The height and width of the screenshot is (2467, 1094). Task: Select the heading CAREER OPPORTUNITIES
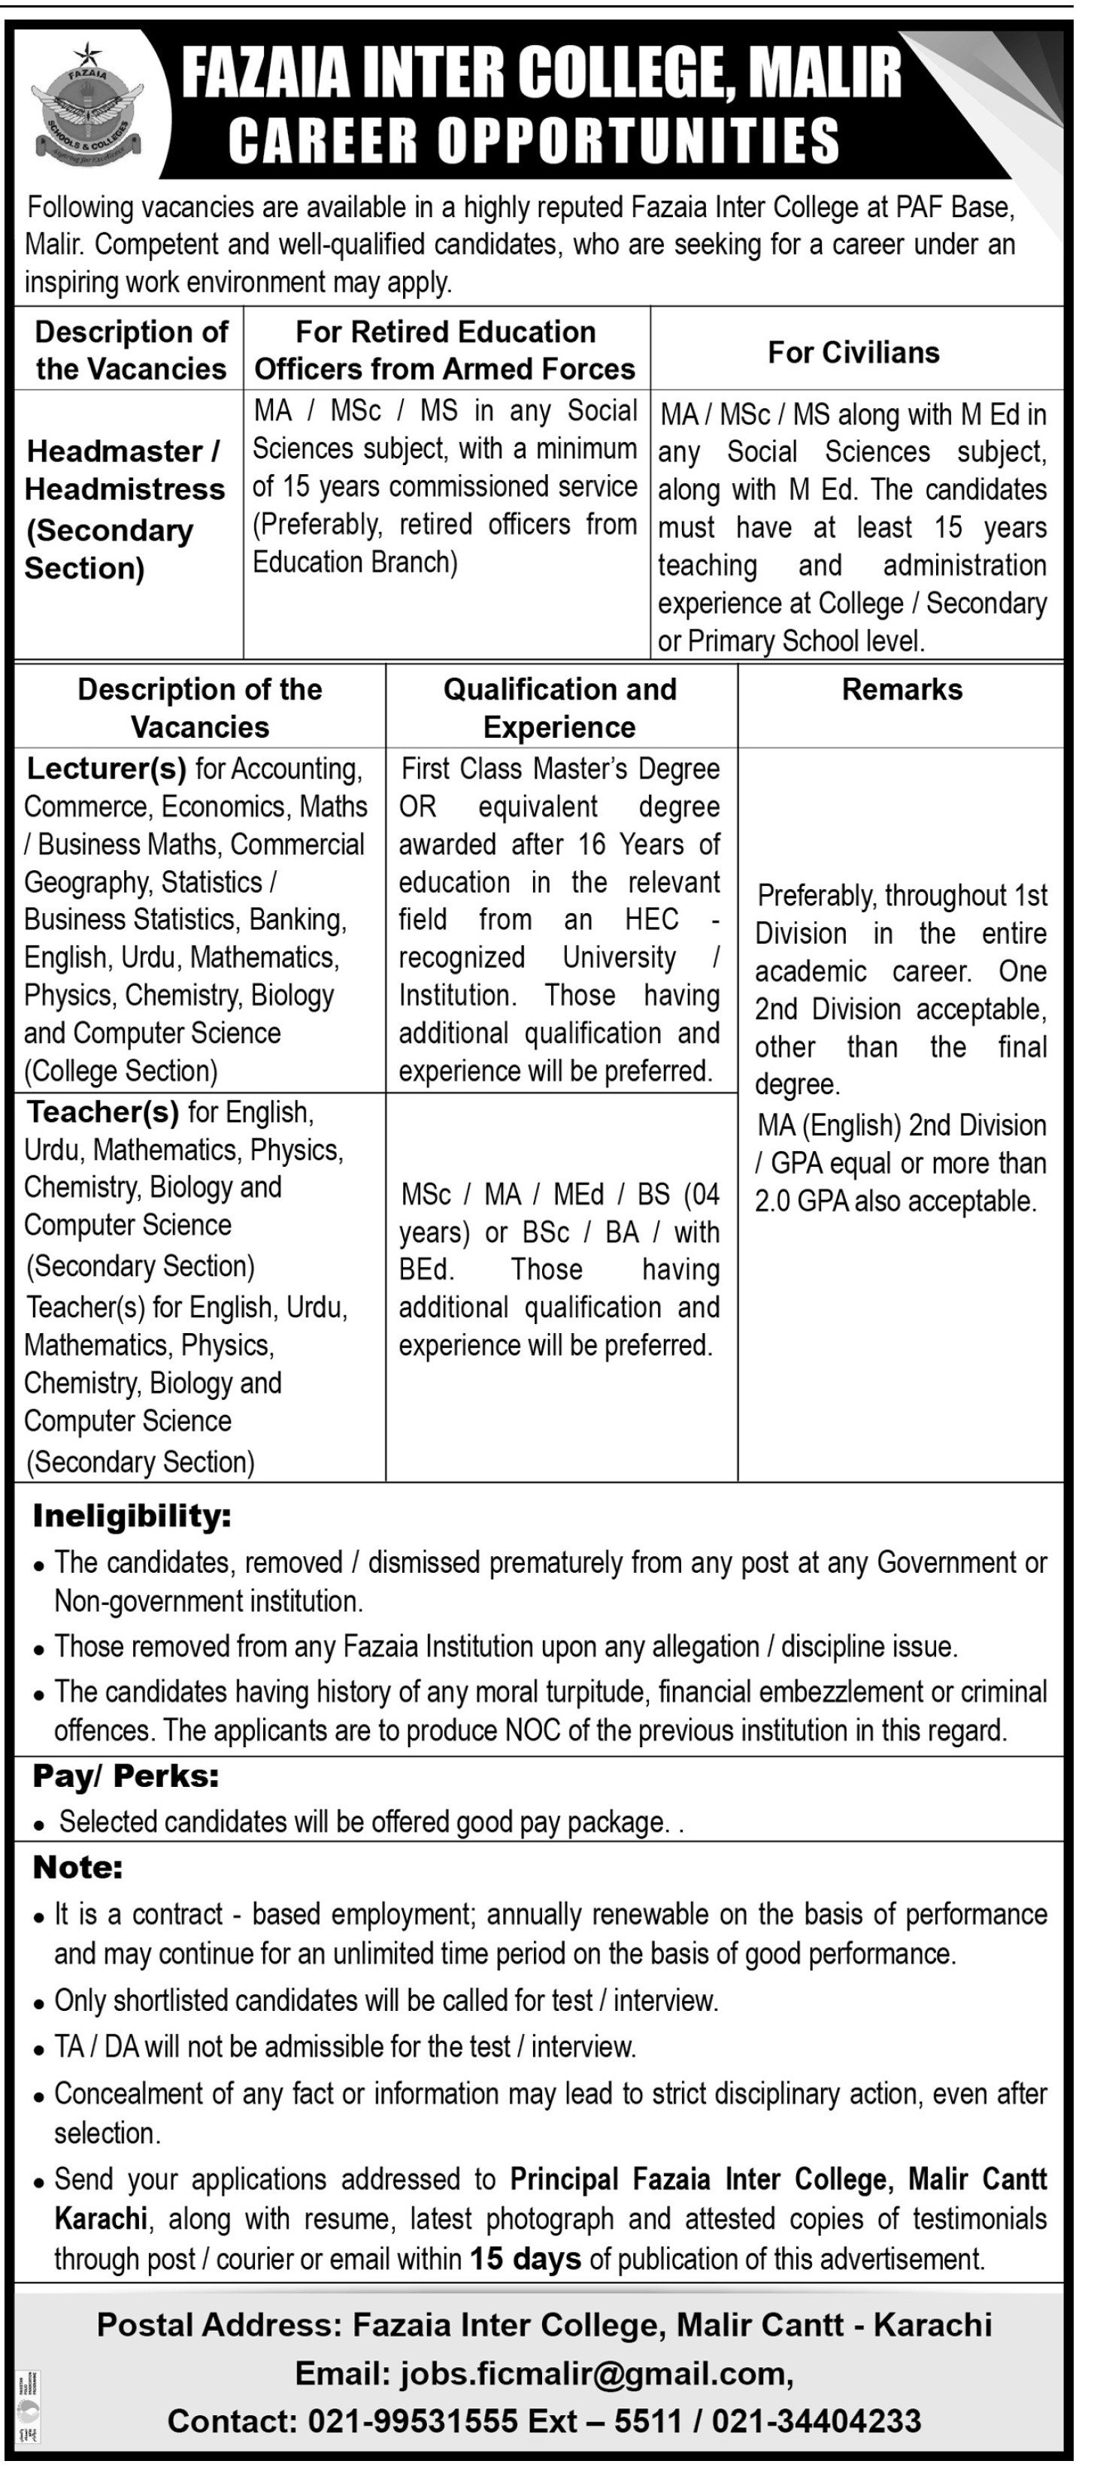[x=534, y=140]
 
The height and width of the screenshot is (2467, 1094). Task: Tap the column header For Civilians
[x=853, y=352]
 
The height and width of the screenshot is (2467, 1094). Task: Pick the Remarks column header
[x=902, y=690]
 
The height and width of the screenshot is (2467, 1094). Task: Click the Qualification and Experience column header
[x=559, y=708]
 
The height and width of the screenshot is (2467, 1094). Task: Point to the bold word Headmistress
[x=125, y=489]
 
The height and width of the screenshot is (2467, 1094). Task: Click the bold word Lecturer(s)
[x=106, y=769]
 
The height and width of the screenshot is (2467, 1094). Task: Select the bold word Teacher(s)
[x=102, y=1112]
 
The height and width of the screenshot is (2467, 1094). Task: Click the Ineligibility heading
[x=132, y=1516]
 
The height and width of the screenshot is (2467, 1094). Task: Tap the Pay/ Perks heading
[x=126, y=1776]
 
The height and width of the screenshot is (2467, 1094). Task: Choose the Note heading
[x=77, y=1867]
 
